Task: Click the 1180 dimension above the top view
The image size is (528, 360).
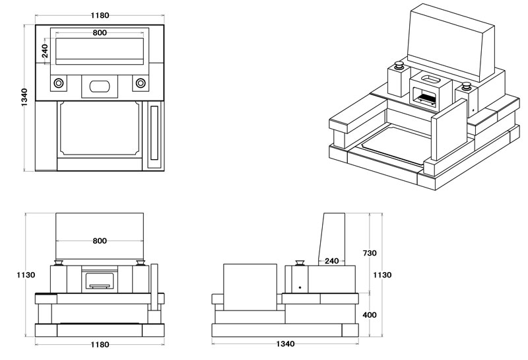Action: (x=99, y=15)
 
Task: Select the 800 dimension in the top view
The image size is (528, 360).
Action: (x=100, y=33)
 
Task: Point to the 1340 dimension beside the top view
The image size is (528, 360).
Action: (x=24, y=97)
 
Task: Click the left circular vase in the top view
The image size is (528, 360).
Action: (x=59, y=83)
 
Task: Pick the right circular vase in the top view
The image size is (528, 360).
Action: (x=141, y=83)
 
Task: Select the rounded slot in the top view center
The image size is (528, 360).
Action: (x=100, y=85)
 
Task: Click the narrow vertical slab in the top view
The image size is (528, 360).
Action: (x=154, y=134)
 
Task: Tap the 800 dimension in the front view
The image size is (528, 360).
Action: (x=100, y=241)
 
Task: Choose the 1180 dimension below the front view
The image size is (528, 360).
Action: (x=99, y=344)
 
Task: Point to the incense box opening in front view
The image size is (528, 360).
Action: (x=100, y=280)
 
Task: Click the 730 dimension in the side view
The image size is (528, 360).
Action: (x=370, y=253)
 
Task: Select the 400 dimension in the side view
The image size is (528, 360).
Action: (x=370, y=315)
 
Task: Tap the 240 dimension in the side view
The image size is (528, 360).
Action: (x=331, y=261)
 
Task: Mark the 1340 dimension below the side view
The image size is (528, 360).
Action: (x=285, y=344)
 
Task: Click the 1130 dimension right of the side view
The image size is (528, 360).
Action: (x=382, y=275)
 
